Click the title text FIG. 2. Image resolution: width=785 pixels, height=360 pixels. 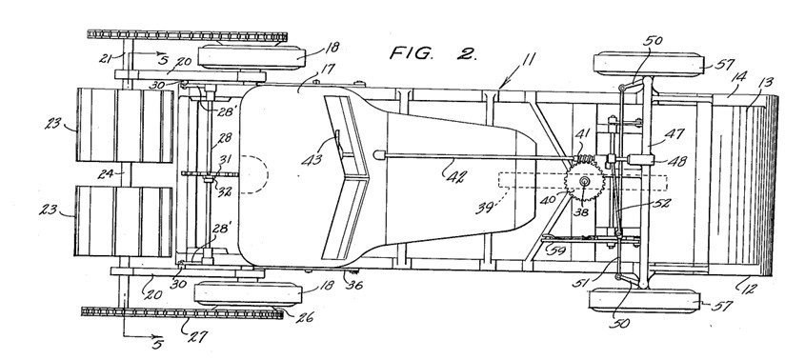click(x=433, y=53)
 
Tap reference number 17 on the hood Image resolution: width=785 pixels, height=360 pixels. click(x=328, y=70)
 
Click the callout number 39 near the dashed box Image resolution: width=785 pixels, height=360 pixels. click(x=485, y=207)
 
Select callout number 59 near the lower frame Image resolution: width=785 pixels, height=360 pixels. click(x=557, y=250)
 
